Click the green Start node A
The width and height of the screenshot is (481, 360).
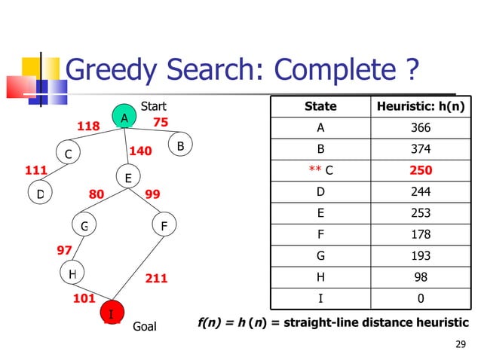(x=124, y=117)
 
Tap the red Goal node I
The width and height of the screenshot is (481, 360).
(x=112, y=313)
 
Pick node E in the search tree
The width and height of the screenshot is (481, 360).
(x=128, y=178)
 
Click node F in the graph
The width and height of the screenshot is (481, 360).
(x=164, y=225)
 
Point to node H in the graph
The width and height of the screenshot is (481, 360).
(x=72, y=275)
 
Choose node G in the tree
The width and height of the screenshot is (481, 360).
(x=84, y=225)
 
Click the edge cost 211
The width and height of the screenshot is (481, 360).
(x=156, y=279)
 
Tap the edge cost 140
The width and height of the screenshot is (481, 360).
(x=141, y=151)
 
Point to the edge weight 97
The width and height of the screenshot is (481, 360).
(x=66, y=249)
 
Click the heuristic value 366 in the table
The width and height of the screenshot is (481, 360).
(x=421, y=128)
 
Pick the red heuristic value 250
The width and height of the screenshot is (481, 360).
(x=421, y=170)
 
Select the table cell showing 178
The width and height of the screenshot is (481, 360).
(x=421, y=235)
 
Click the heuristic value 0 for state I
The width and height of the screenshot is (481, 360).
(x=421, y=299)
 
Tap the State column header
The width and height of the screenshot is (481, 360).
(x=320, y=106)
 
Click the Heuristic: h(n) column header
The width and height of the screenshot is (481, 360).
(x=421, y=106)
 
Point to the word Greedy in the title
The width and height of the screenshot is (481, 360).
(x=110, y=72)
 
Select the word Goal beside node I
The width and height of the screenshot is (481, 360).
(x=144, y=327)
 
